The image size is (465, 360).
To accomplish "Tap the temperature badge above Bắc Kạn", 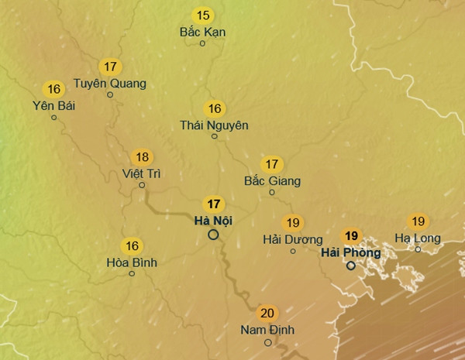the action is pos(203,15).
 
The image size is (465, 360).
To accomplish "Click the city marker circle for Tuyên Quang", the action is pos(110,95).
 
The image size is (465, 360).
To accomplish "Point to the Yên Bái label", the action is pos(53,105).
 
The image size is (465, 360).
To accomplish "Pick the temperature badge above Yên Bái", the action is pos(53,88).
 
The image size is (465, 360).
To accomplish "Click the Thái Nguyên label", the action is pos(214,125).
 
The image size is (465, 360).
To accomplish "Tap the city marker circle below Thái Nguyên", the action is pos(215,136).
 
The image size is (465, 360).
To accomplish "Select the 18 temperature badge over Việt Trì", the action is pos(142,156).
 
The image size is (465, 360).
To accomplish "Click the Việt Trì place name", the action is pos(142,173).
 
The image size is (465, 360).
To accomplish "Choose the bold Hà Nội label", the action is pos(214,221).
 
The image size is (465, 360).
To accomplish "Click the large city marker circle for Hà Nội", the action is pos(214,234).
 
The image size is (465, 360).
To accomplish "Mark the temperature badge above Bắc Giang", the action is pos(271,164).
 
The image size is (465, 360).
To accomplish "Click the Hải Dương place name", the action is pos(292,239).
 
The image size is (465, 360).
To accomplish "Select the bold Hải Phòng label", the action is pos(350,252).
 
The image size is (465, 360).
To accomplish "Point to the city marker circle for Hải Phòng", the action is pos(351,266).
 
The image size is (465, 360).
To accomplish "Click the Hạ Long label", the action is pos(418,238).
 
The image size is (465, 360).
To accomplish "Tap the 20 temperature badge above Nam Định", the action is pos(267,314).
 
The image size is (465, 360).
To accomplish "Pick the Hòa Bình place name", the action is pos(132,262).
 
